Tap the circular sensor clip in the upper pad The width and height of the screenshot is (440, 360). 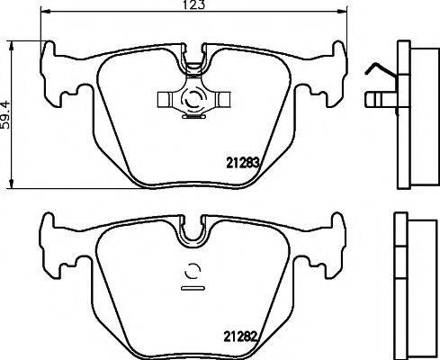tap(192, 101)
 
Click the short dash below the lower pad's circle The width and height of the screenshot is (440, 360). tap(192, 290)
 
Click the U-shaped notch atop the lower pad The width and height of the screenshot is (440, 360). tap(193, 236)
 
